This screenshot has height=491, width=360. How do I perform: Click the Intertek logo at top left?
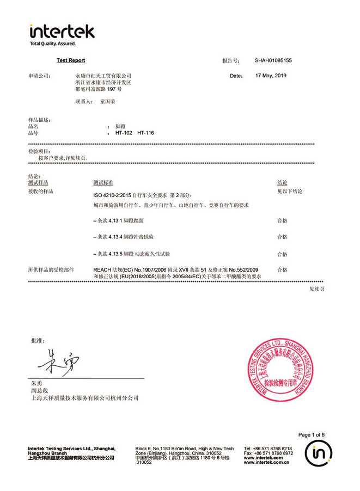62,31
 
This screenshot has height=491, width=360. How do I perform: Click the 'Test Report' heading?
71,60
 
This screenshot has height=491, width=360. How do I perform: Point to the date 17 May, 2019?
271,76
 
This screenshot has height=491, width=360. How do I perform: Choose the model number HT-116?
146,132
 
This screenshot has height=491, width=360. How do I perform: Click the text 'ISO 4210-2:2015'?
113,195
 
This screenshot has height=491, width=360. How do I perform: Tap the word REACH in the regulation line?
102,269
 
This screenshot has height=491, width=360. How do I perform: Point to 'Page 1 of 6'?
312,434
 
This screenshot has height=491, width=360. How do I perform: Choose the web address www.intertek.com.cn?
266,462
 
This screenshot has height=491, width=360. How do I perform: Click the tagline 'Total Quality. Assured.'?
53,44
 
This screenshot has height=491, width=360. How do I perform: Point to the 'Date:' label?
236,76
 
